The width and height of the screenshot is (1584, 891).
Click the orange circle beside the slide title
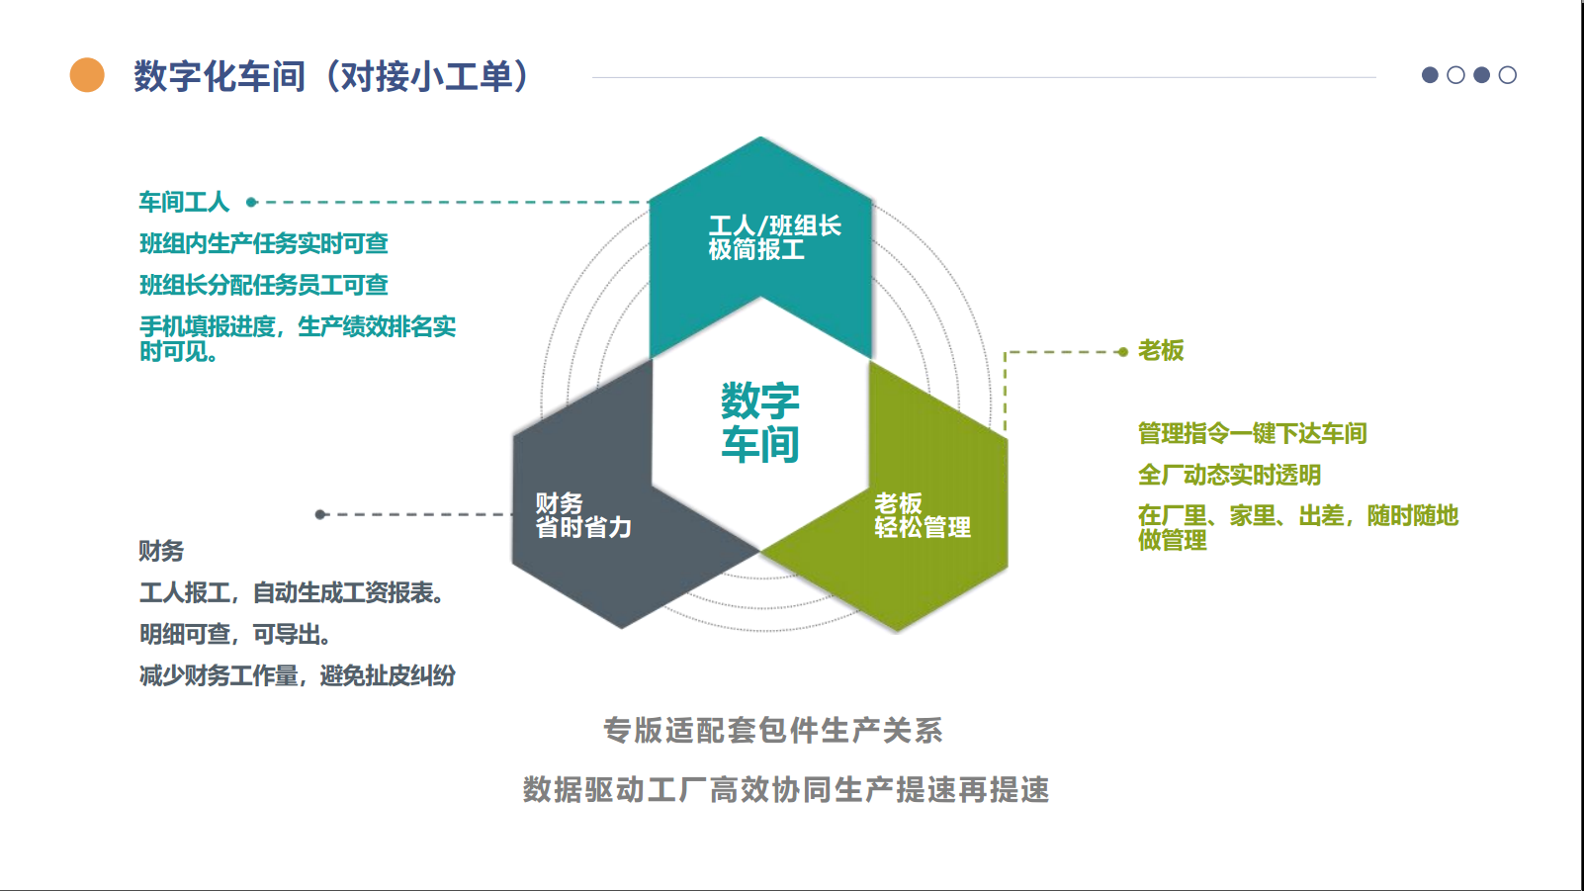coord(87,75)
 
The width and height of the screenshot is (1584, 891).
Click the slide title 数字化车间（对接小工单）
coord(332,76)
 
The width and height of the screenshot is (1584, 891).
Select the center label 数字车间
coord(759,422)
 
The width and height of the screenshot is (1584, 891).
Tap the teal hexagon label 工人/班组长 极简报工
coord(774,237)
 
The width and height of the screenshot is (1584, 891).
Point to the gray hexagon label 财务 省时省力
coord(583,515)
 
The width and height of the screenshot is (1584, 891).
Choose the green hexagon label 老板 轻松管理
coord(922,515)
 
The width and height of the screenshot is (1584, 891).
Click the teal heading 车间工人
coord(184,203)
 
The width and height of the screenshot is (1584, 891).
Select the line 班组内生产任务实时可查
coord(263,243)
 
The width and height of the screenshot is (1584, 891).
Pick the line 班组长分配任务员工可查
coord(263,285)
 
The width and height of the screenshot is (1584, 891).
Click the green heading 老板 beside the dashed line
coord(1161,351)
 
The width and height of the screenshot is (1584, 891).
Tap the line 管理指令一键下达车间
coord(1252,433)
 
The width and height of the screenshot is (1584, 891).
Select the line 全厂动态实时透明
coord(1229,475)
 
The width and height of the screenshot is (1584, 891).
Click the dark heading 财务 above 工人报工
coord(161,551)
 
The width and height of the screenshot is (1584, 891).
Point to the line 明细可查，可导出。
coord(235,634)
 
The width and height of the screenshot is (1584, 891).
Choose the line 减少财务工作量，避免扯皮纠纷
coord(297,675)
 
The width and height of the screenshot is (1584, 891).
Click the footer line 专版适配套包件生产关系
coord(773,731)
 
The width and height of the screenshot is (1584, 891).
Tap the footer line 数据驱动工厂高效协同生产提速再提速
coord(786,790)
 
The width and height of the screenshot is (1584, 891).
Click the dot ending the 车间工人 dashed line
coord(251,203)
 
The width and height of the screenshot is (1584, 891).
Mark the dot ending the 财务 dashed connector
coord(320,514)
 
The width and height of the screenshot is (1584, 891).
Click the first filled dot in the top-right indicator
coord(1430,75)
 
